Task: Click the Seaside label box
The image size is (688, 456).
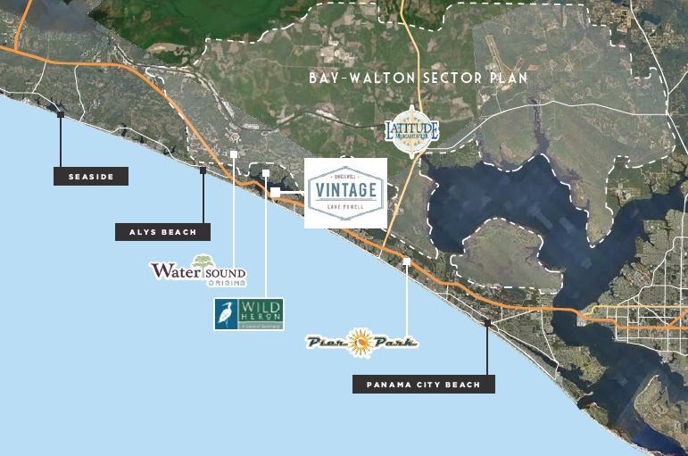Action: coord(91,177)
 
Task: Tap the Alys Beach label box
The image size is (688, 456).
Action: coord(162,232)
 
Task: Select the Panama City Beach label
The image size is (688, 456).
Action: coord(423,385)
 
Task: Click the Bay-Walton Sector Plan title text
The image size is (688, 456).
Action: coord(418,79)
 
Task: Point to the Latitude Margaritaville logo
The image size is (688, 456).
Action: coord(411,130)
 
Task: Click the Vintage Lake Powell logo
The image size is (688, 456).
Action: coord(345,193)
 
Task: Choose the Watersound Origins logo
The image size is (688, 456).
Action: coord(197,270)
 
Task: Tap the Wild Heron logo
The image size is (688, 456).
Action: coord(249,314)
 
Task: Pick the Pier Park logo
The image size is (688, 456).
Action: coord(361,342)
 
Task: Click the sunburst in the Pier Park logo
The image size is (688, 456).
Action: coord(361,340)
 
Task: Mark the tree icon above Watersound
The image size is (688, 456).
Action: coord(204,261)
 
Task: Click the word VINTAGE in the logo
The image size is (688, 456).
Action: coord(344,189)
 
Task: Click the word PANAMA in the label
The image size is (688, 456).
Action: coord(389,385)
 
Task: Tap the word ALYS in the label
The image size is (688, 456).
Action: coord(142,232)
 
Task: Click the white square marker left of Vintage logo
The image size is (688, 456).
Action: coord(276,191)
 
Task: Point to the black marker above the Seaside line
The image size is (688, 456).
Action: coord(61,113)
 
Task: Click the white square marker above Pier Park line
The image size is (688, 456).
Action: coord(407,261)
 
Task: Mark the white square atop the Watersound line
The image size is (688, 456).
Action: coord(233,153)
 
